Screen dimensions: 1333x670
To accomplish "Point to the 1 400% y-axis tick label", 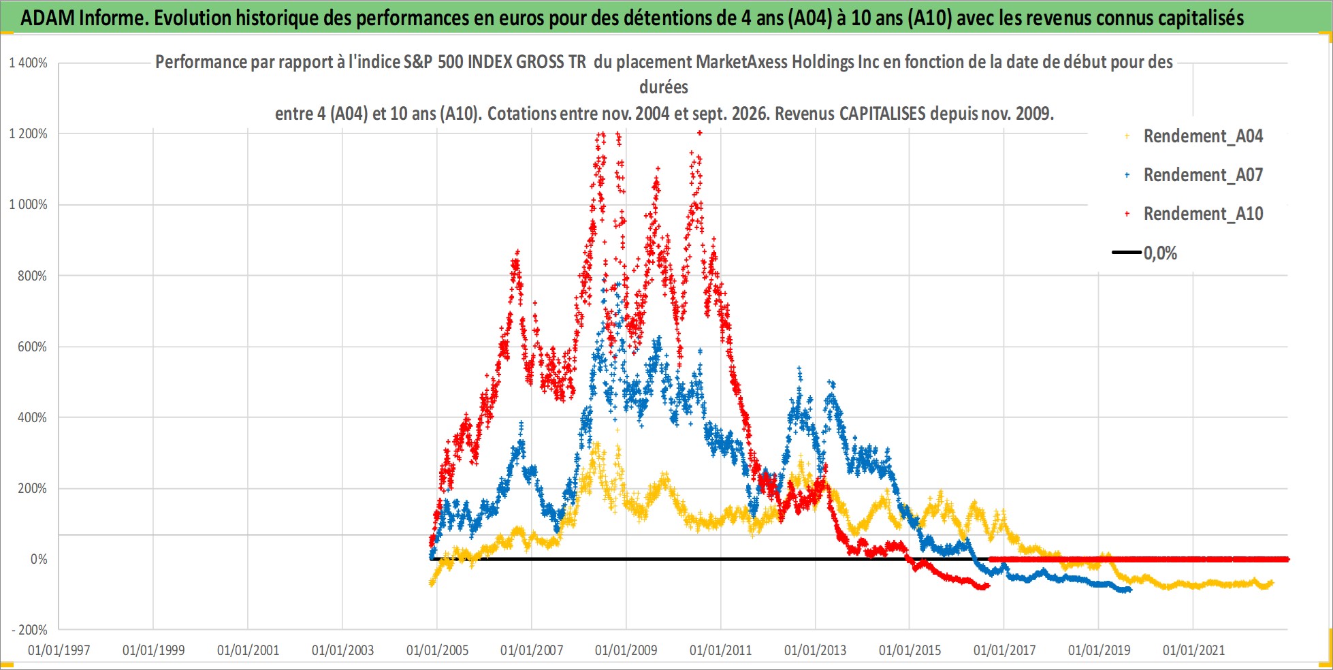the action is pyautogui.click(x=29, y=63).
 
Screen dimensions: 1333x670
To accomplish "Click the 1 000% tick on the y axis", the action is pyautogui.click(x=29, y=205).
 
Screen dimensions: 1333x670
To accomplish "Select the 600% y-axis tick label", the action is pyautogui.click(x=33, y=347).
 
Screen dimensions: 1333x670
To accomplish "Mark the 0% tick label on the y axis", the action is pyautogui.click(x=39, y=560).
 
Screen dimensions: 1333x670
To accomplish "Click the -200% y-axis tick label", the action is pyautogui.click(x=29, y=631).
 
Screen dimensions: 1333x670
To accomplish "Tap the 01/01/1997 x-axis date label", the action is pyautogui.click(x=59, y=650).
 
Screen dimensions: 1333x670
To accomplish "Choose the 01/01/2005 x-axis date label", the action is pyautogui.click(x=437, y=650).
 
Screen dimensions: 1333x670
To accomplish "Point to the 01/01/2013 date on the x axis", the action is pyautogui.click(x=816, y=650).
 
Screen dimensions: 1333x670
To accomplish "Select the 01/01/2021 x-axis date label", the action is pyautogui.click(x=1193, y=650).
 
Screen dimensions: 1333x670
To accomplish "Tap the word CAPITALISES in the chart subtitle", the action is pyautogui.click(x=882, y=113).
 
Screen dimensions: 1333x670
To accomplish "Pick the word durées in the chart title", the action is pyautogui.click(x=664, y=87).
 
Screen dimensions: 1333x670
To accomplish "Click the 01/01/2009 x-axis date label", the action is pyautogui.click(x=626, y=650).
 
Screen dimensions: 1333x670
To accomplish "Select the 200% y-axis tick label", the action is pyautogui.click(x=33, y=489).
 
